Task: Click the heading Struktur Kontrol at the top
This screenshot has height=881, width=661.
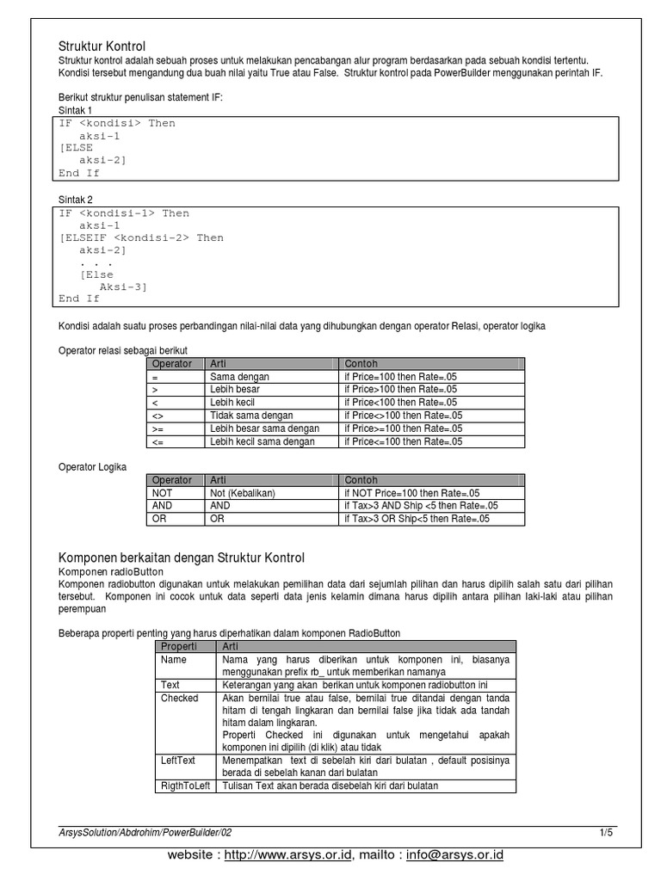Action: (102, 46)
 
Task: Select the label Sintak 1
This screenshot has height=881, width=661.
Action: (76, 110)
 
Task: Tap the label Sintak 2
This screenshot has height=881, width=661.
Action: (76, 200)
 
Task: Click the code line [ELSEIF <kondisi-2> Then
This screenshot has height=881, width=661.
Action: (141, 237)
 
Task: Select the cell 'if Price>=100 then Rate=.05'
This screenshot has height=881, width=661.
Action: (403, 428)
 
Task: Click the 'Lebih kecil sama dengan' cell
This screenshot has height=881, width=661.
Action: (263, 441)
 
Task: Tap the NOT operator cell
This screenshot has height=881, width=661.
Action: (162, 493)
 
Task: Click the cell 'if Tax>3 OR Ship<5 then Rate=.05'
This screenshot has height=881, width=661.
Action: (417, 519)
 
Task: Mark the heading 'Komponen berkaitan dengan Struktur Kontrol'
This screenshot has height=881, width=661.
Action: (181, 558)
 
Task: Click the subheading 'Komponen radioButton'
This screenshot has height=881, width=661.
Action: (110, 571)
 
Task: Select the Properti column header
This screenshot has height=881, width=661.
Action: (179, 646)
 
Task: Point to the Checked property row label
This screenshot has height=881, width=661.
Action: (179, 698)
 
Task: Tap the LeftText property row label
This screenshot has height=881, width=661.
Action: (178, 761)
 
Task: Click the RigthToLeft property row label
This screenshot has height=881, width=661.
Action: (185, 786)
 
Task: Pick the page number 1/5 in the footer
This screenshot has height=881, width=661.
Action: (606, 833)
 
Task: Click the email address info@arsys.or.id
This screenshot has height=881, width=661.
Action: (454, 856)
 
